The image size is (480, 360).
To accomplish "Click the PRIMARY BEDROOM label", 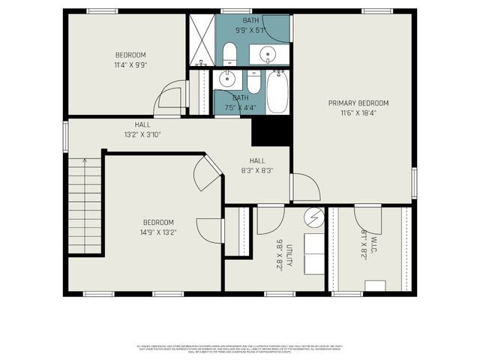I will pyautogui.click(x=352, y=103).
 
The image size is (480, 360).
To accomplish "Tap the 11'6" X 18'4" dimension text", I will pyautogui.click(x=352, y=113).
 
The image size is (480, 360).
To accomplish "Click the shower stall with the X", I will pyautogui.click(x=200, y=39).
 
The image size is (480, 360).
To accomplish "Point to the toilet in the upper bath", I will pyautogui.click(x=229, y=53).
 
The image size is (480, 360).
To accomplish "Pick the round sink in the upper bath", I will pyautogui.click(x=268, y=54).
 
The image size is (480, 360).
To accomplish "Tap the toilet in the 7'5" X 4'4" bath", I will pyautogui.click(x=253, y=80).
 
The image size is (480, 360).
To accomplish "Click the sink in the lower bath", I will pyautogui.click(x=227, y=78).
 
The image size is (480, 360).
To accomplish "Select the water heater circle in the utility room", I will pyautogui.click(x=313, y=217).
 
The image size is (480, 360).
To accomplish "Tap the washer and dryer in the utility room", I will pyautogui.click(x=313, y=253).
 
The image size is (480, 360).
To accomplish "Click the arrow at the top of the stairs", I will pyautogui.click(x=85, y=160).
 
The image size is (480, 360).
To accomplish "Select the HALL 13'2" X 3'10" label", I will pyautogui.click(x=142, y=130).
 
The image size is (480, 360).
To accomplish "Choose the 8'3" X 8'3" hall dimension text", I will pyautogui.click(x=257, y=170).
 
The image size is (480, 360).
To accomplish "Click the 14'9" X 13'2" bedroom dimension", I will pyautogui.click(x=159, y=232).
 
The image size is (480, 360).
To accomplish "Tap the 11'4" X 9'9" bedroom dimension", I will pyautogui.click(x=130, y=65).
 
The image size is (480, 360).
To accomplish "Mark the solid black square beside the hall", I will pyautogui.click(x=271, y=132).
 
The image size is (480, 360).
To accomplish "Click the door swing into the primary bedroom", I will pyautogui.click(x=304, y=187).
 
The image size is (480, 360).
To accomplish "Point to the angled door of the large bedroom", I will pyautogui.click(x=207, y=174).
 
